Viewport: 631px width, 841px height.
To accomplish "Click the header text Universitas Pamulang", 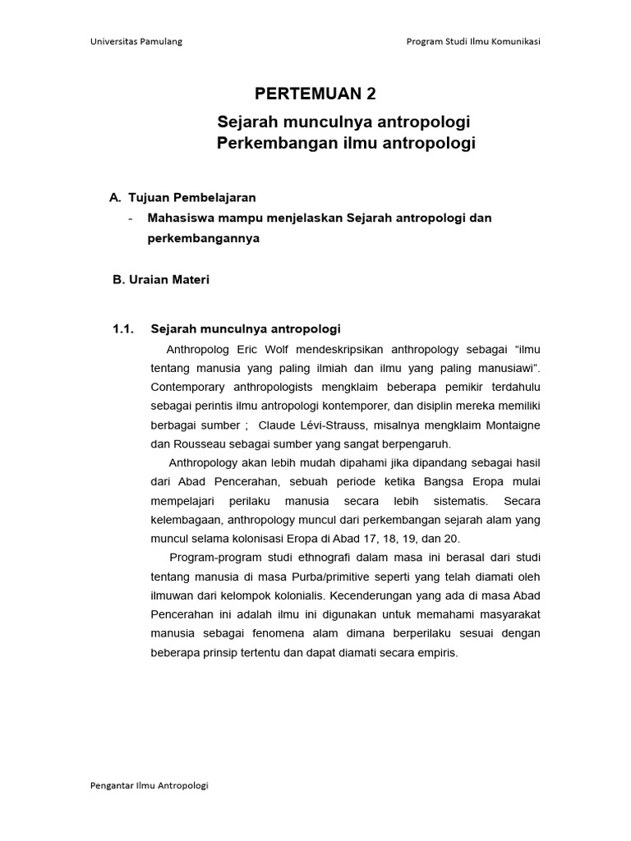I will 136,42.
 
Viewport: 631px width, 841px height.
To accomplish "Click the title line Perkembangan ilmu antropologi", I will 346,144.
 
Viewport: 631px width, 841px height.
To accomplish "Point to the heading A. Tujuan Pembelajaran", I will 182,197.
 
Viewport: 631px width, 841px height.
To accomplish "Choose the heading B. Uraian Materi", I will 160,279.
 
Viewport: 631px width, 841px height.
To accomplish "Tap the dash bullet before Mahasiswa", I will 131,218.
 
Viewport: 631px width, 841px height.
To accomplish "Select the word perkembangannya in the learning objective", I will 203,238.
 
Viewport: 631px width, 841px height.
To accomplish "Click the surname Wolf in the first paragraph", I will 273,348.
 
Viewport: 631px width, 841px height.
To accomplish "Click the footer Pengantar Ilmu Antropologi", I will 149,785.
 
